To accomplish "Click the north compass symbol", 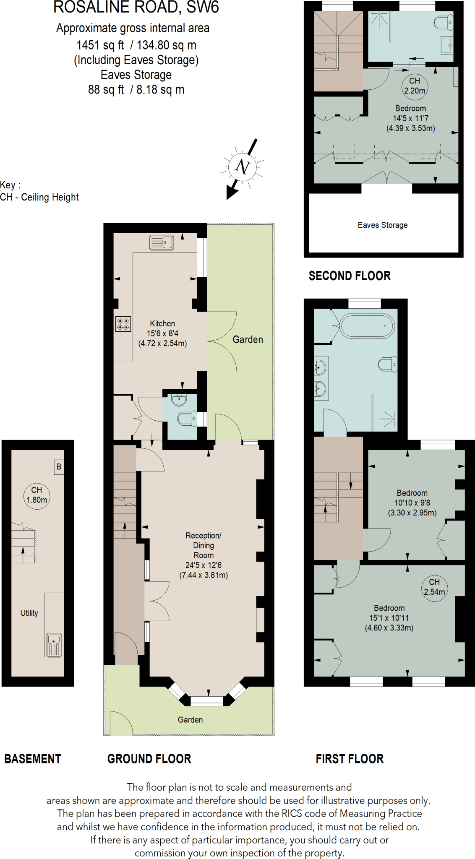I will (x=243, y=167).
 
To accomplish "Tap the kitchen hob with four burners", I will (x=123, y=324).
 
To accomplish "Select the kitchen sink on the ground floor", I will (x=162, y=242).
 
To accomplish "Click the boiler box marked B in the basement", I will (x=59, y=467).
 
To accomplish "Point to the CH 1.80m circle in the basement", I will (x=37, y=495).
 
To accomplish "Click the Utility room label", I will (x=29, y=613).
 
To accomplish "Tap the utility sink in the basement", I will (x=54, y=645).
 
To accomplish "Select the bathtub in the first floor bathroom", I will (x=367, y=326).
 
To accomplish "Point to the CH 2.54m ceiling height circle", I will (x=434, y=587).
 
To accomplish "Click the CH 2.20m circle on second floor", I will (x=415, y=86).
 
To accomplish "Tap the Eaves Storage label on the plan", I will (x=382, y=225).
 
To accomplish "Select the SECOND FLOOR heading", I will (x=350, y=276).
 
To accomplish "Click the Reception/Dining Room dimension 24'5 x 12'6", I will (x=204, y=565).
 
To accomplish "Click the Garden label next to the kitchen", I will (x=248, y=340).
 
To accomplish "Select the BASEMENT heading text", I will (x=33, y=759).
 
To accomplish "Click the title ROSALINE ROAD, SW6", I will (x=136, y=8).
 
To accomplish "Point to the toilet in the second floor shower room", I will (x=443, y=23).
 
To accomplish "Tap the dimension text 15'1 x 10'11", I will (x=389, y=618).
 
